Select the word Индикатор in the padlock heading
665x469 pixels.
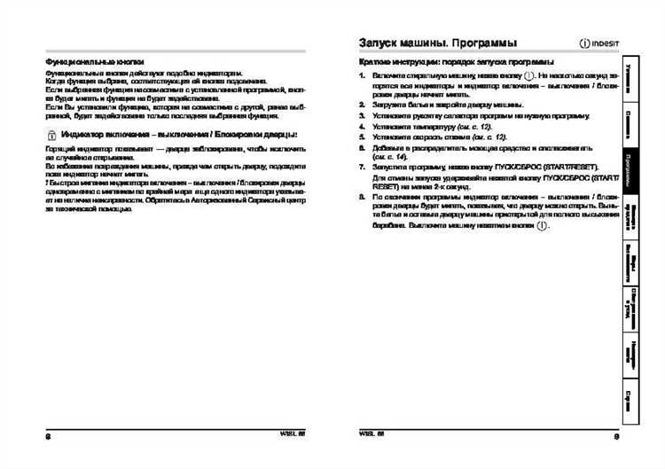tap(87, 134)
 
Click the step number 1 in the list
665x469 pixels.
tap(362, 75)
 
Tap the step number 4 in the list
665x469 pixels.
tap(362, 127)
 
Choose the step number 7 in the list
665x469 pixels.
tap(362, 167)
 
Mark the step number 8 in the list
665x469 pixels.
tap(362, 196)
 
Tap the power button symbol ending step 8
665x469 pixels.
tap(543, 226)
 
